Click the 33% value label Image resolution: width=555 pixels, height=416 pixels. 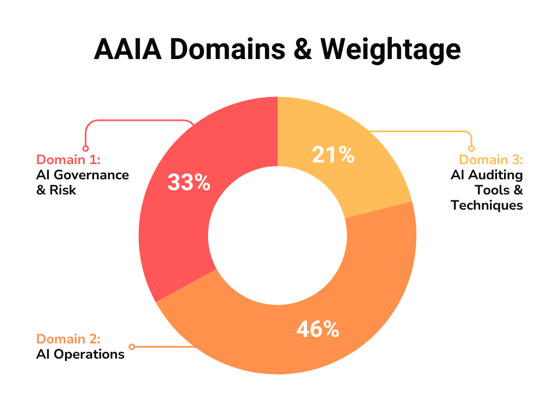point(189,183)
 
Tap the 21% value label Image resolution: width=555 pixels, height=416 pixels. point(333,155)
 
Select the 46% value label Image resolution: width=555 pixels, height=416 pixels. point(318,329)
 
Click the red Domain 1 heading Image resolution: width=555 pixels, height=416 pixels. point(68,160)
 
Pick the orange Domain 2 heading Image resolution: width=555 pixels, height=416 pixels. point(68,339)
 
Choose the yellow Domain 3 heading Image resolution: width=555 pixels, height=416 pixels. point(491,160)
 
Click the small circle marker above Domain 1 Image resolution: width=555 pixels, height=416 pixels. point(85,148)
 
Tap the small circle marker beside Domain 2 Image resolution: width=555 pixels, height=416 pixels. point(132,347)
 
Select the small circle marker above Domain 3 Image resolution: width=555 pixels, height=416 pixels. point(471,148)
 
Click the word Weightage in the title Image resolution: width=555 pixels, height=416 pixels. point(390,50)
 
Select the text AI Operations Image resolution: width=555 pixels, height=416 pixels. point(80,355)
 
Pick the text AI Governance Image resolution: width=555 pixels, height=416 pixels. point(83,175)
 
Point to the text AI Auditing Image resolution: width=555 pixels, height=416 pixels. point(487,175)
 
